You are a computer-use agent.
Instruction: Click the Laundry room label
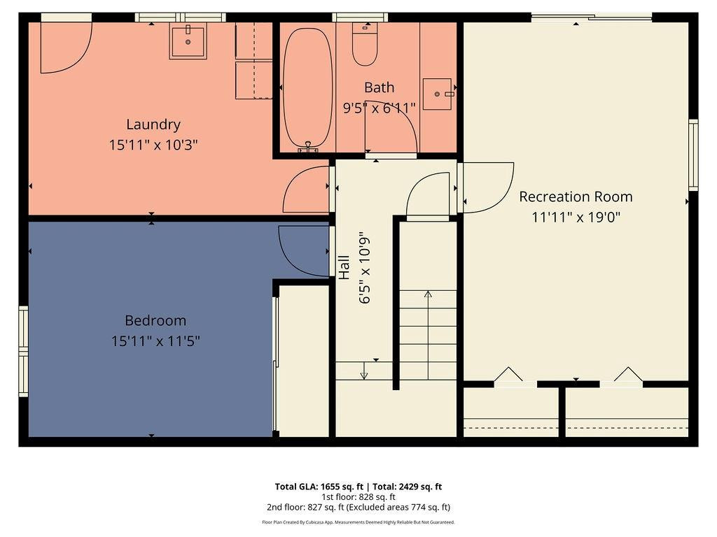click(153, 124)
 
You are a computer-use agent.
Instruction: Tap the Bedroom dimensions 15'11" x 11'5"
click(155, 341)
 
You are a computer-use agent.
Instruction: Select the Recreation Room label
click(576, 196)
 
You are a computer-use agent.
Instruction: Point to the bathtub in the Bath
click(308, 87)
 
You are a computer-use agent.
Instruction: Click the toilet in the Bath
click(365, 45)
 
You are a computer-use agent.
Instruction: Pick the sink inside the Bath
click(438, 94)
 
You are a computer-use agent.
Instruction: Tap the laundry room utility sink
click(188, 42)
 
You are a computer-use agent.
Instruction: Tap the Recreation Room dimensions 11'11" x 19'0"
click(576, 217)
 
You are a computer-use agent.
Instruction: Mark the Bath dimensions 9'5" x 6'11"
click(379, 108)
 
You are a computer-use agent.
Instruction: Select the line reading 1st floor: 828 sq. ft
click(358, 497)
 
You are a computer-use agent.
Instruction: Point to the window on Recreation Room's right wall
click(692, 155)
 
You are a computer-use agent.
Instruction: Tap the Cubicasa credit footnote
click(358, 522)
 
